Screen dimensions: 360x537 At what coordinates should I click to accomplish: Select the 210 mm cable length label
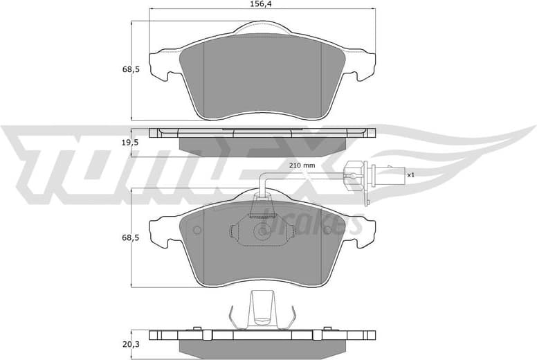coord(302,165)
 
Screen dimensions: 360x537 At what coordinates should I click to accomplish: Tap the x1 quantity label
coord(410,175)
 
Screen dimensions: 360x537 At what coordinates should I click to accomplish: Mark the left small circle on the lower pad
coord(196,231)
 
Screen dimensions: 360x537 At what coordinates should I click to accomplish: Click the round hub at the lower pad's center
coord(262,229)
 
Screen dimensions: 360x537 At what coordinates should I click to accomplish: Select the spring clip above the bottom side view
coord(262,309)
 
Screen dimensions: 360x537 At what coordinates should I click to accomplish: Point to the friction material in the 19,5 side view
coord(262,143)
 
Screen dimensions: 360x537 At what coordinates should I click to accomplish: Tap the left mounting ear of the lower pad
coord(160,233)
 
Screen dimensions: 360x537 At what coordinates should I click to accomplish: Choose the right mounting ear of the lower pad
coord(363,233)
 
